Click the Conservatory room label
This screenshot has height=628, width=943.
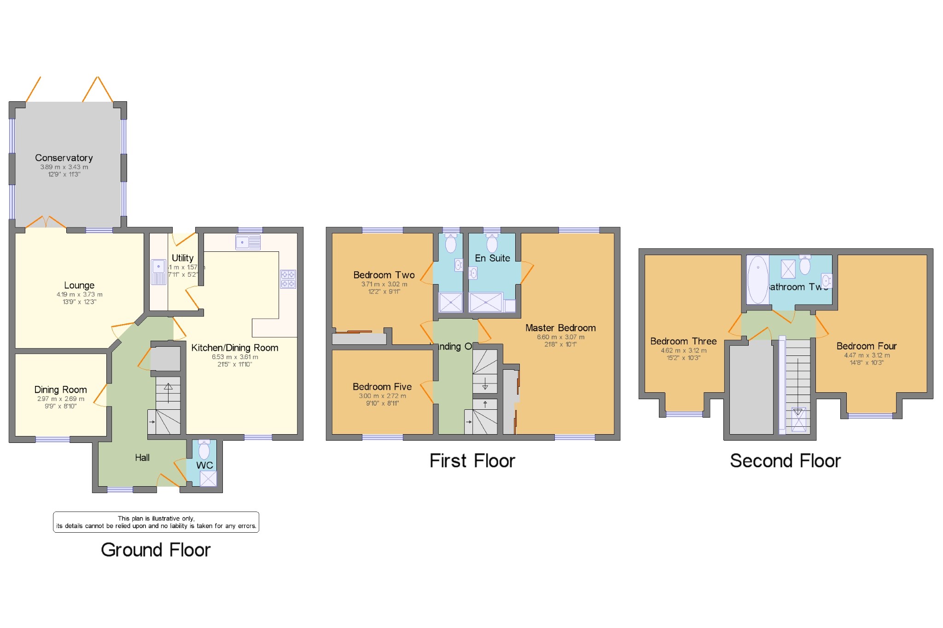coord(64,158)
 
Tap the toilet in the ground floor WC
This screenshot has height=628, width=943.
coord(204,450)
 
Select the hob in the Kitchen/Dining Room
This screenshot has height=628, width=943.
coord(288,279)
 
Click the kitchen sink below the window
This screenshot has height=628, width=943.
coord(248,242)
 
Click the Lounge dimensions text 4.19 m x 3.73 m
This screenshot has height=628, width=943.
coord(80,295)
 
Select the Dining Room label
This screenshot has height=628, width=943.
coord(61,390)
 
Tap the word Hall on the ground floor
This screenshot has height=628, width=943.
coord(142,458)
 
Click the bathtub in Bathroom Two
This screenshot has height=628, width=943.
coord(757,279)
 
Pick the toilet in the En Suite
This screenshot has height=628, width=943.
coord(492,243)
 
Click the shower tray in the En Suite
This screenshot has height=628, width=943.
coord(486,302)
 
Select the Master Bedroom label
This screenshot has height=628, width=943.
coord(560,328)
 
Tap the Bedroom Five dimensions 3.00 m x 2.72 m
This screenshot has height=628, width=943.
coord(383,396)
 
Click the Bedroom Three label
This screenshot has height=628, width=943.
coord(683,341)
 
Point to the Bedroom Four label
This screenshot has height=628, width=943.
coord(867,346)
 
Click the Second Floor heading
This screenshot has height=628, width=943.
coord(785,461)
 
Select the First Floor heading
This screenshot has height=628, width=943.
coord(472,461)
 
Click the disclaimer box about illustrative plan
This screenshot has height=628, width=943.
coord(156,522)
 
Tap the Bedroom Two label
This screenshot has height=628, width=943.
coord(384,275)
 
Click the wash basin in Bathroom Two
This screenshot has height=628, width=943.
coord(827,280)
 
